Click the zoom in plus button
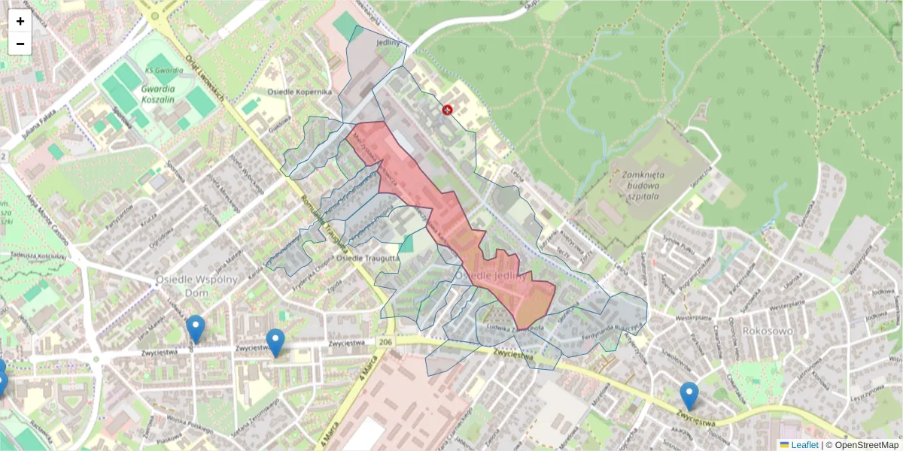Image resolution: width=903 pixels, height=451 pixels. click(x=20, y=21)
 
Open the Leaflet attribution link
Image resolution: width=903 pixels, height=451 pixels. click(x=804, y=445)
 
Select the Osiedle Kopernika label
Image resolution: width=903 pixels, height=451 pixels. click(x=299, y=92)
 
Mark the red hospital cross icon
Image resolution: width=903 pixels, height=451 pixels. click(x=448, y=110)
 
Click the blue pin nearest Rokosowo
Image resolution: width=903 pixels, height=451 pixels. click(x=689, y=395)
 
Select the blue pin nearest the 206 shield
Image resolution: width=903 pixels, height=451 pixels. click(x=275, y=342)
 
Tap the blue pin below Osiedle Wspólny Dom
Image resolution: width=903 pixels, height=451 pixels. click(x=196, y=328)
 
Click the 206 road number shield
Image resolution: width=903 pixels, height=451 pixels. click(x=385, y=342)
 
